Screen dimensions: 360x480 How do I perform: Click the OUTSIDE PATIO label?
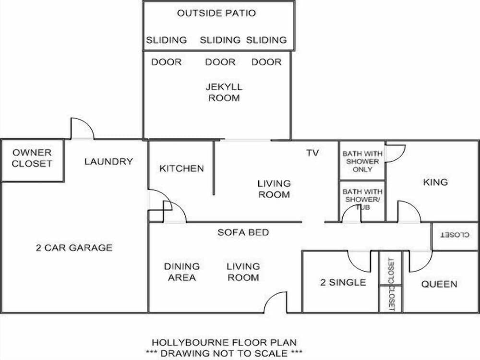(216, 13)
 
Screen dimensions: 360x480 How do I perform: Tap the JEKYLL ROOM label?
(224, 93)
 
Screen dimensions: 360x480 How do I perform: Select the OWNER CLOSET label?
(32, 158)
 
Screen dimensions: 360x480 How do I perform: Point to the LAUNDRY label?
(108, 161)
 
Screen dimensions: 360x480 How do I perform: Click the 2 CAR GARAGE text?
(74, 248)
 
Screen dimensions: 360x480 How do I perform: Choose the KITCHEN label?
(181, 168)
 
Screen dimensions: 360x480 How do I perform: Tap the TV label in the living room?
(312, 153)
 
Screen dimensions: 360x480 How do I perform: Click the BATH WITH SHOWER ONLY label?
(362, 161)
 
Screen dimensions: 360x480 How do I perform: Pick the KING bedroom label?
(435, 182)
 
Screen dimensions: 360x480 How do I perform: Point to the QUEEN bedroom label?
(439, 284)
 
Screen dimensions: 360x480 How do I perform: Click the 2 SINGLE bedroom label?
(343, 282)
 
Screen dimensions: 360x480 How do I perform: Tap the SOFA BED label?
(243, 232)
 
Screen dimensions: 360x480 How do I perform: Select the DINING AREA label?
(182, 272)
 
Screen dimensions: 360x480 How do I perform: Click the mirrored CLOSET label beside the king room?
(455, 236)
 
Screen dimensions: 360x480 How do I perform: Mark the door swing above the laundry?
(82, 128)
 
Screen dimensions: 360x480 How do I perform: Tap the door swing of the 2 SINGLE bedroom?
(360, 262)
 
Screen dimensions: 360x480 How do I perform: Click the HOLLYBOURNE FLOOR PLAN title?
(224, 343)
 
